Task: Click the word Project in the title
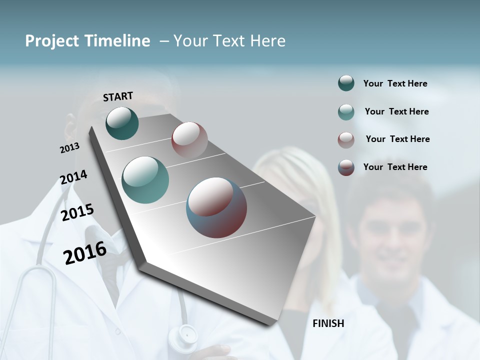(x=52, y=41)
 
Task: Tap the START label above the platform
(x=118, y=96)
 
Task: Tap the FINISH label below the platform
(x=328, y=323)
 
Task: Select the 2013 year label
(x=69, y=148)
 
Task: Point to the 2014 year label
(x=73, y=177)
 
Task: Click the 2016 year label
(x=85, y=252)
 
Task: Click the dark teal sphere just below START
(x=122, y=123)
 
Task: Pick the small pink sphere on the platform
(x=189, y=140)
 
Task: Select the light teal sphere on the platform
(x=145, y=180)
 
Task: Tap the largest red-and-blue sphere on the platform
(x=216, y=207)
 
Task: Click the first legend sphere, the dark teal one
(x=346, y=83)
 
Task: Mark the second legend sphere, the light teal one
(x=346, y=111)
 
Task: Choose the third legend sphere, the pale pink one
(x=346, y=139)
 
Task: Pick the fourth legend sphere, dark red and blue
(x=346, y=167)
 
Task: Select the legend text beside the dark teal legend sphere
(x=395, y=83)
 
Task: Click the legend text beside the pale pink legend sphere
(x=397, y=139)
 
